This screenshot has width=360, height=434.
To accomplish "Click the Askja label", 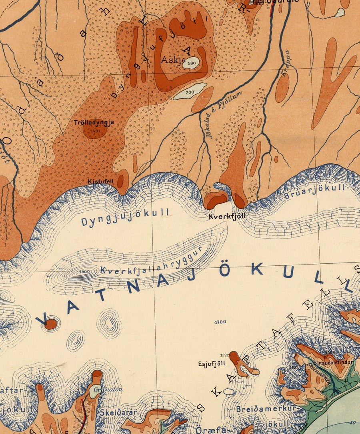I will coord(173,60).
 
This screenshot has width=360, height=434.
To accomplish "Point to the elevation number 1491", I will coord(95,130).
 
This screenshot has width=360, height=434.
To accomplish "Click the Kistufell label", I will coord(101,181).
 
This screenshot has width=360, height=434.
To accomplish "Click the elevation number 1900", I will coord(85,271).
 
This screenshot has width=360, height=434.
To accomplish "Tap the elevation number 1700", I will coord(220,322).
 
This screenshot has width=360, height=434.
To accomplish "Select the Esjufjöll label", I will coord(212,364).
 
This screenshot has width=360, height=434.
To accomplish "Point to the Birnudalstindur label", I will coord(334,362).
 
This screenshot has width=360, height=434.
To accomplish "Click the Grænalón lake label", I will coord(102,389).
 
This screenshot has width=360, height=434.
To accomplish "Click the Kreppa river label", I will coord(285,63).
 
